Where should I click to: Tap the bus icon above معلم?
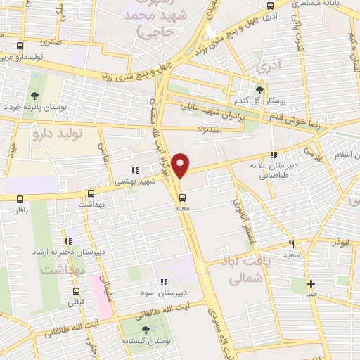182,198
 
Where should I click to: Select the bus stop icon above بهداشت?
90,193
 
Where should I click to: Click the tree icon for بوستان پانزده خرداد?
34,96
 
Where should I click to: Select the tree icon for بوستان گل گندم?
260,89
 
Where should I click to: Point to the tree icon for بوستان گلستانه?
146,328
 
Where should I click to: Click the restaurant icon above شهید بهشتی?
134,169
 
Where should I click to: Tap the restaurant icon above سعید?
291,244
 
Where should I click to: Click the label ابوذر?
340,242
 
